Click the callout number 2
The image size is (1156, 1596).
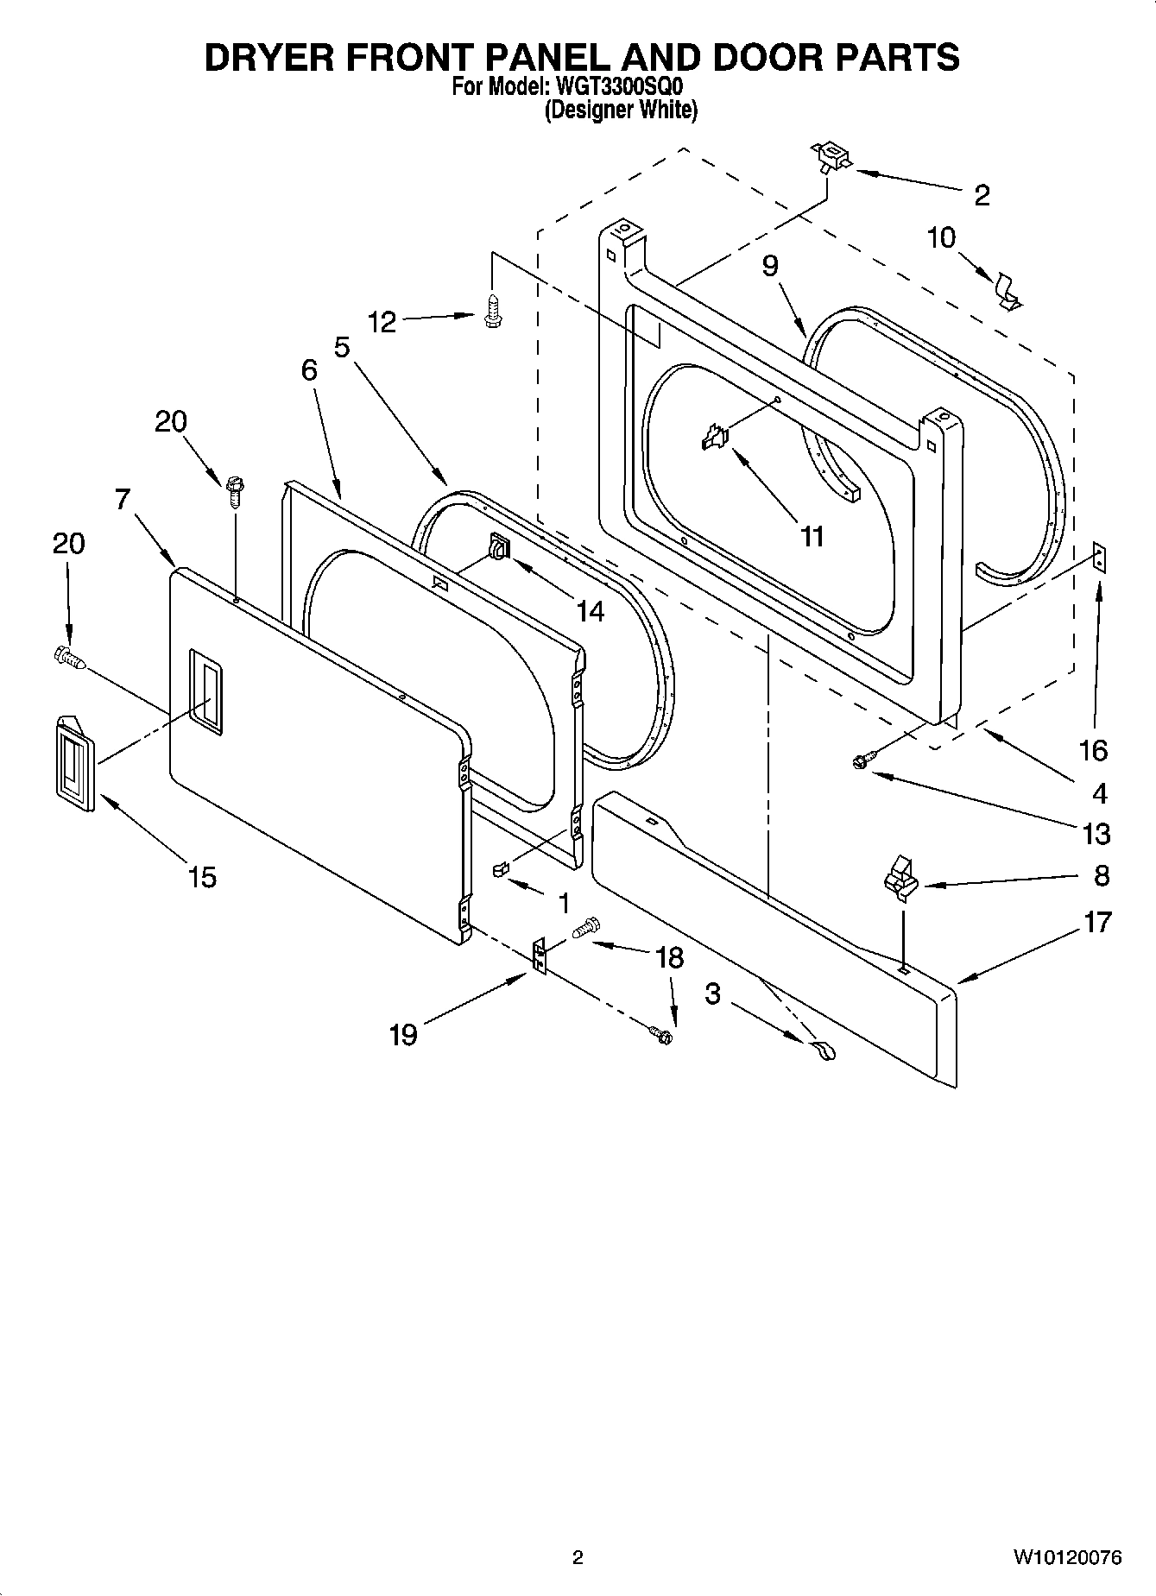tap(982, 196)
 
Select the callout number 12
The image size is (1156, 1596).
tap(382, 322)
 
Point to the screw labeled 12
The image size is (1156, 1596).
tap(492, 311)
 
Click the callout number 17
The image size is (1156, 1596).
tap(1096, 922)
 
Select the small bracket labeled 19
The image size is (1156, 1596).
tap(540, 956)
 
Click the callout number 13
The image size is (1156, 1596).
tap(1096, 834)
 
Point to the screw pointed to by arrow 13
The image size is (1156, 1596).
tap(862, 760)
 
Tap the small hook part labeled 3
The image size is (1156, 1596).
tap(823, 1050)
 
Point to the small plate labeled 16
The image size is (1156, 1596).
tap(1099, 558)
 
